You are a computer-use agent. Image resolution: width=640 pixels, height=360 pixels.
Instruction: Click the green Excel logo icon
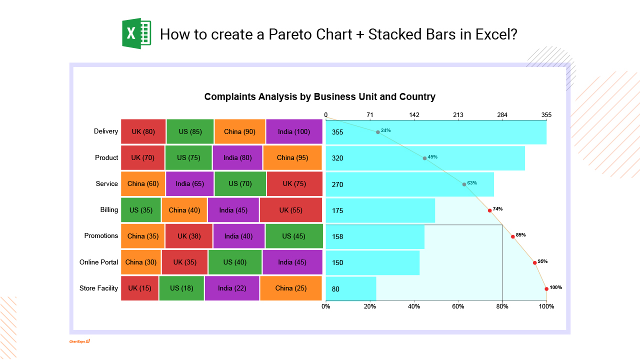(136, 34)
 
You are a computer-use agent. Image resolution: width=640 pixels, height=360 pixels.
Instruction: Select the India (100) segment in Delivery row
(294, 132)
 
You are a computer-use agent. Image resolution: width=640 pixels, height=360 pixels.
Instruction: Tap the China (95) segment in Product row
(292, 158)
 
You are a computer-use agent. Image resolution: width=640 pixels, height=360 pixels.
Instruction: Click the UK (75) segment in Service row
(294, 184)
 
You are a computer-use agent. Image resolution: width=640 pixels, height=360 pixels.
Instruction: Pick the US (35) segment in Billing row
(140, 210)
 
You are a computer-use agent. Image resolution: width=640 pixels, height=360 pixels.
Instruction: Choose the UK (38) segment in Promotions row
(188, 236)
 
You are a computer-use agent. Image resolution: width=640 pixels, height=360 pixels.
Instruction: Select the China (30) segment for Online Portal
(140, 262)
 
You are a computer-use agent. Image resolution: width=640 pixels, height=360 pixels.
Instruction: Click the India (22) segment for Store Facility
(232, 288)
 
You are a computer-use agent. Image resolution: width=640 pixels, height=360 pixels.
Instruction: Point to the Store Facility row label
(98, 288)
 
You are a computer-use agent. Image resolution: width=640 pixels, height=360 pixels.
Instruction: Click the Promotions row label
(101, 236)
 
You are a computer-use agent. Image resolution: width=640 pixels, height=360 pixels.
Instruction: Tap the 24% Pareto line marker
(378, 132)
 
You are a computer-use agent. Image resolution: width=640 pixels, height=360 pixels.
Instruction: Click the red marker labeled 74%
(489, 210)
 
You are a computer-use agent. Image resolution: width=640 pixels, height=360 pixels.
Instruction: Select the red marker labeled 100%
(546, 288)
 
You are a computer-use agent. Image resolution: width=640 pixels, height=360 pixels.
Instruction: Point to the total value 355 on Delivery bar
(337, 132)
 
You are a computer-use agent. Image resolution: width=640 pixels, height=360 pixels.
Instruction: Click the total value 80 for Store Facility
(335, 289)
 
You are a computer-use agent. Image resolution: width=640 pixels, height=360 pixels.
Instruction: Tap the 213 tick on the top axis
(458, 115)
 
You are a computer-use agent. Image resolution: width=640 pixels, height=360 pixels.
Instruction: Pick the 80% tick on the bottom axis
(502, 306)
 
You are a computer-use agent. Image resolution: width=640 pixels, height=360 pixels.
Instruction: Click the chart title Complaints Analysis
(319, 97)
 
